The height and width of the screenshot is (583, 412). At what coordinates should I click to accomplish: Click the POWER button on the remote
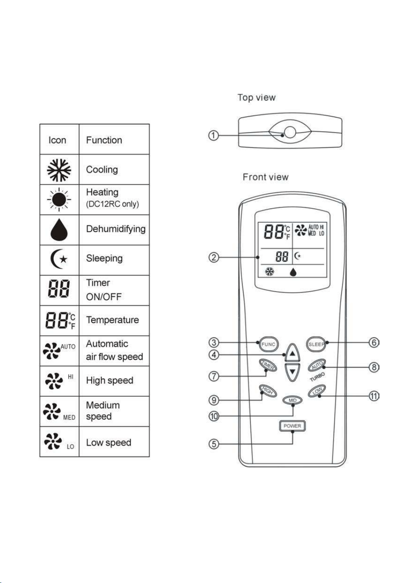[x=292, y=426]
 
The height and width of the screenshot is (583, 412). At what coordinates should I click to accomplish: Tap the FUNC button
[x=268, y=344]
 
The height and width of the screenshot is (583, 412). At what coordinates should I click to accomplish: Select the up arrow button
[x=292, y=353]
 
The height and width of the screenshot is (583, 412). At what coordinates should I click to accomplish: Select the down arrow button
[x=292, y=372]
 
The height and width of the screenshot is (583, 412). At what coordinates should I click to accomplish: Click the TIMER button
[x=268, y=365]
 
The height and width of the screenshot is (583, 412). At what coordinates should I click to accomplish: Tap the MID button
[x=292, y=400]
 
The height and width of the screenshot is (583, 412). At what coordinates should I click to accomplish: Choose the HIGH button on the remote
[x=268, y=391]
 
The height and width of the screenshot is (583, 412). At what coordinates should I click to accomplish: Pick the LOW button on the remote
[x=317, y=391]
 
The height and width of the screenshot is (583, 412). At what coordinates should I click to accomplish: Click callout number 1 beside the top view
[x=213, y=135]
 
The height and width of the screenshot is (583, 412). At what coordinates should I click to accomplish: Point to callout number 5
[x=213, y=444]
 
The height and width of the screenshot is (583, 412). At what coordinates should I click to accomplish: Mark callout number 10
[x=214, y=416]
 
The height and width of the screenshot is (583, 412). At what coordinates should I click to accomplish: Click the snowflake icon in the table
[x=59, y=170]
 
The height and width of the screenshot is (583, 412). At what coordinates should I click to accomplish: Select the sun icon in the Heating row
[x=59, y=199]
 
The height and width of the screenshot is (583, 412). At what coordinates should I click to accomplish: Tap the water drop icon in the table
[x=59, y=229]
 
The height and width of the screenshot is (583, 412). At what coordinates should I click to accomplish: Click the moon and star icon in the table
[x=59, y=259]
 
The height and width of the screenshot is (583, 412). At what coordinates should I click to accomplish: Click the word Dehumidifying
[x=116, y=229]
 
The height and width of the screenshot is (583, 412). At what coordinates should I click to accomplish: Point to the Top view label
[x=257, y=98]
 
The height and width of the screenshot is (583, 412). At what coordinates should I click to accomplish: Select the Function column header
[x=104, y=140]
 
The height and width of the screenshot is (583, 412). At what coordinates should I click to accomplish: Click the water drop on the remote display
[x=293, y=273]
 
